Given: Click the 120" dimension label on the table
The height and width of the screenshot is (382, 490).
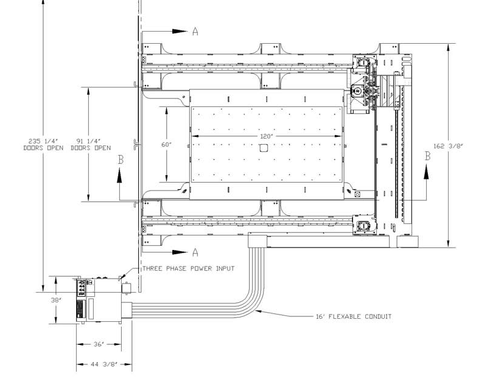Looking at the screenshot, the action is click(x=267, y=136).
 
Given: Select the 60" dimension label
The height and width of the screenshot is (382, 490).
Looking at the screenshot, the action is click(x=167, y=145).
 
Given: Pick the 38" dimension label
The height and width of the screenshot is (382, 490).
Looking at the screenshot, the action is click(x=56, y=300).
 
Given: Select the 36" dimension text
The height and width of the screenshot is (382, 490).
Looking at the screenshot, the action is click(x=99, y=344).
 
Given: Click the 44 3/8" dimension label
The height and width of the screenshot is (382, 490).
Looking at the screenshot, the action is click(x=104, y=364).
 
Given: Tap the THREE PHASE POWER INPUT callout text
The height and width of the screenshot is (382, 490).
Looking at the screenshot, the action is click(x=189, y=269).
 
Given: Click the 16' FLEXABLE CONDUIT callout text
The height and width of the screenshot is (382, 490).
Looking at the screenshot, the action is click(x=354, y=316).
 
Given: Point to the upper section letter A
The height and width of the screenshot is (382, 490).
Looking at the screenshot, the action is click(x=195, y=31).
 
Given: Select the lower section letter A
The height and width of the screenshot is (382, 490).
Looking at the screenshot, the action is click(x=195, y=252).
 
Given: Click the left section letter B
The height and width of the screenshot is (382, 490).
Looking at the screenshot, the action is click(x=121, y=159).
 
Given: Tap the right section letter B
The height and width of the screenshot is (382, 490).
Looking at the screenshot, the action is click(x=427, y=156).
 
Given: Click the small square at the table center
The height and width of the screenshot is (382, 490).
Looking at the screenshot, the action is click(x=264, y=148).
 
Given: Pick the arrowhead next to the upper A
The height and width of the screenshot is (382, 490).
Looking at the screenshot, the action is click(x=180, y=31).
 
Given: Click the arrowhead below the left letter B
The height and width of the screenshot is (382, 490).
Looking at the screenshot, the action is click(x=120, y=175).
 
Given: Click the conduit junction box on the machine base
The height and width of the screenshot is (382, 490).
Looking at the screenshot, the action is click(x=257, y=240).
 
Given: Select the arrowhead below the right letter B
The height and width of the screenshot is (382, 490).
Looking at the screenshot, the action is click(x=427, y=172).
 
